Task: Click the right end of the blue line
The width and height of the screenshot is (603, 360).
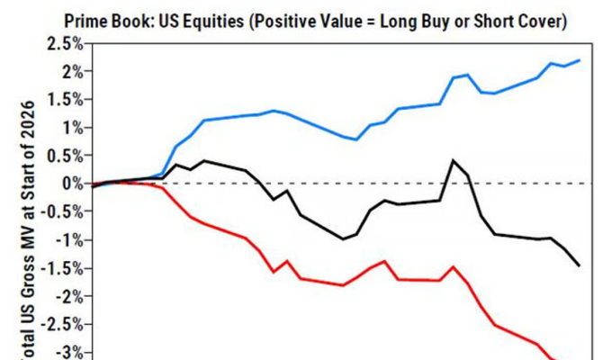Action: point(579,60)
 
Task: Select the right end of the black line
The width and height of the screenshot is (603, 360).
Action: point(579,265)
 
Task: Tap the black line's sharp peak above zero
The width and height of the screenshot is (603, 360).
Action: point(452,161)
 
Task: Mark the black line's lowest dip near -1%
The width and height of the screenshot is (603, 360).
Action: point(343,239)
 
